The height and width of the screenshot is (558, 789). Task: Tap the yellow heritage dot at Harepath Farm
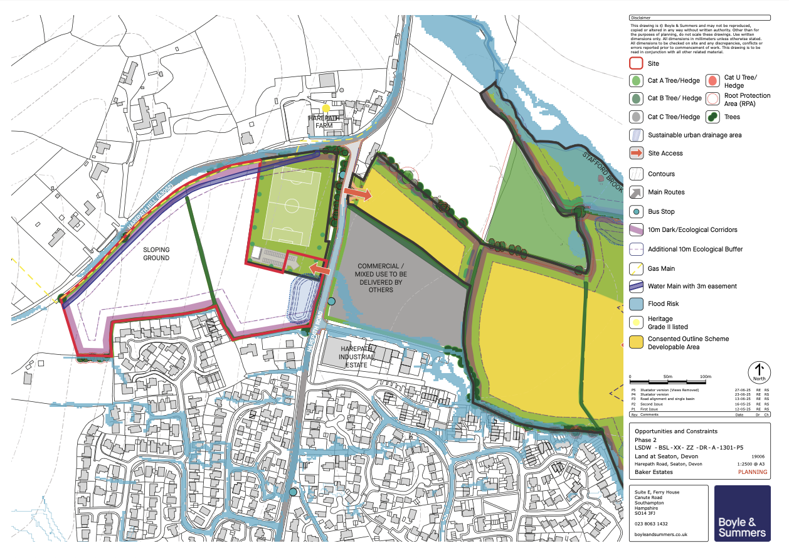[x=326, y=108]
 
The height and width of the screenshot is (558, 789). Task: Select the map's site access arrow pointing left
[x=319, y=269]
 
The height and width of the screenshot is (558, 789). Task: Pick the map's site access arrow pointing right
[x=358, y=195]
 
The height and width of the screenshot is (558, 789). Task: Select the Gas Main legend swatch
[x=636, y=268]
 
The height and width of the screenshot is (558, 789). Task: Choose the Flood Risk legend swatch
[x=636, y=304]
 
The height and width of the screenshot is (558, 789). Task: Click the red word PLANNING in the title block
[x=753, y=472]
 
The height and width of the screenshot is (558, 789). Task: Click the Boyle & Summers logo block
[x=743, y=513]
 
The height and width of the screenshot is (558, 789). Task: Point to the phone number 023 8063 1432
[x=650, y=524]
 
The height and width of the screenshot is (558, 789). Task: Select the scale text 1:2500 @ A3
[x=749, y=464]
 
